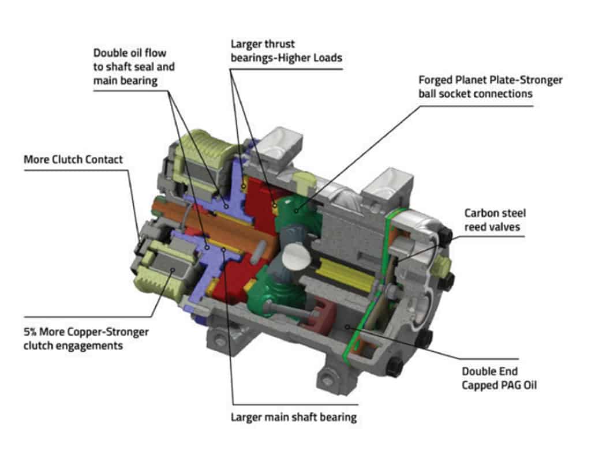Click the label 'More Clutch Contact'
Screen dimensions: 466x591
[x=73, y=159]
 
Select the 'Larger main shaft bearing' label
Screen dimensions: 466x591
[x=294, y=417]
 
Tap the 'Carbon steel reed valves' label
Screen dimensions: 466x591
[x=495, y=220]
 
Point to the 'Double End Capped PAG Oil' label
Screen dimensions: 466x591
[x=499, y=378]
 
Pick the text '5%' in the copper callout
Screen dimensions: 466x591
[x=32, y=333]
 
